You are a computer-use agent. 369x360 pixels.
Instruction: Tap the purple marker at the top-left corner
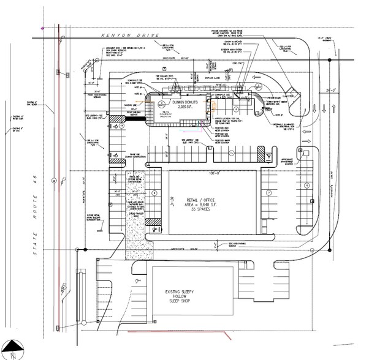coord(42,28)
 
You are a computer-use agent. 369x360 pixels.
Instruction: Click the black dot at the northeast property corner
coord(329,59)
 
